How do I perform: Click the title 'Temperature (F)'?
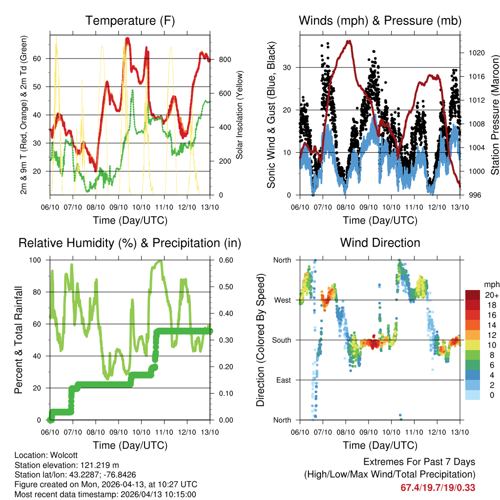(130, 21)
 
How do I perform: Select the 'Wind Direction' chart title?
(380, 243)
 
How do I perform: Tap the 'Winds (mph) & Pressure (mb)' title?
(380, 21)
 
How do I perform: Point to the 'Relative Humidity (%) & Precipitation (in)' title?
(130, 243)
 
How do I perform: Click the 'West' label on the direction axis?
(282, 300)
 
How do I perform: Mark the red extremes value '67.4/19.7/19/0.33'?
(437, 487)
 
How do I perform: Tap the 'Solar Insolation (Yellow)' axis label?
(240, 115)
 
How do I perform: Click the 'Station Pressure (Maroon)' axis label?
(495, 115)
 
